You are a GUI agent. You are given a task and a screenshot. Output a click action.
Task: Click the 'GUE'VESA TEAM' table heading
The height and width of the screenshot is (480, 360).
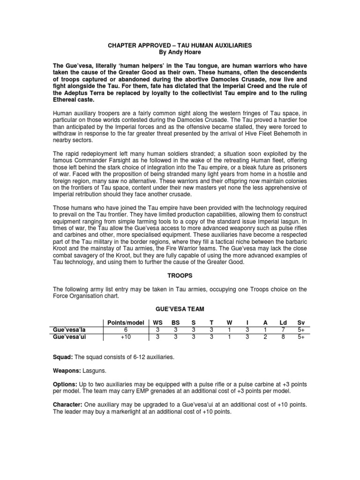pyautogui.click(x=180, y=310)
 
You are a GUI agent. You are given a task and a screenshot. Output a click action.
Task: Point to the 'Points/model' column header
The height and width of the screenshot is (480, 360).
pyautogui.click(x=124, y=323)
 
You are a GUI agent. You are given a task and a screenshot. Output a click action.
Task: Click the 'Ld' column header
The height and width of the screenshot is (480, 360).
pyautogui.click(x=283, y=323)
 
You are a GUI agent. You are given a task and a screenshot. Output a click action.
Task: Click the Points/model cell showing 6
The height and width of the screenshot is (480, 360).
pyautogui.click(x=124, y=330)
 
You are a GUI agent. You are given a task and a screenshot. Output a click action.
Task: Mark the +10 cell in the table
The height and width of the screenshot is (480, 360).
pyautogui.click(x=124, y=337)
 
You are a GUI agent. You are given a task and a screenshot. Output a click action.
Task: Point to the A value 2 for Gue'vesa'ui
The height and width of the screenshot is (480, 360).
pyautogui.click(x=265, y=337)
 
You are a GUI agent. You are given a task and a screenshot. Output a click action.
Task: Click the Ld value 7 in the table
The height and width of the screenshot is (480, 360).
pyautogui.click(x=283, y=330)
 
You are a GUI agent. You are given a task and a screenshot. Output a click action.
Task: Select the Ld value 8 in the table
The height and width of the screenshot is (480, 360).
pyautogui.click(x=283, y=337)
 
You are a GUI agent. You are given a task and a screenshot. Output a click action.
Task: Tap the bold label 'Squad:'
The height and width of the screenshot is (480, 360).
pyautogui.click(x=62, y=357)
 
